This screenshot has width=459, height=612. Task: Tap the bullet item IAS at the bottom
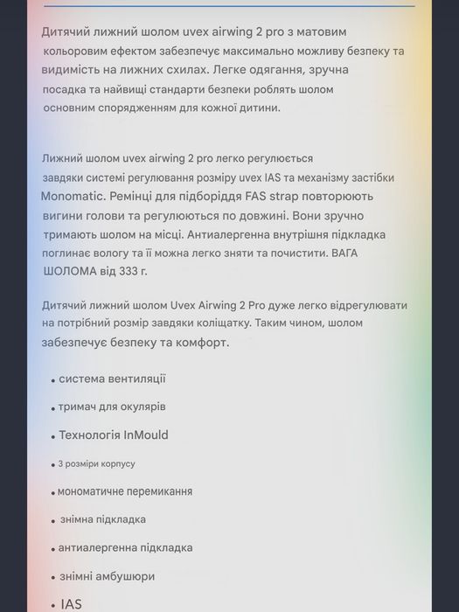[71, 604]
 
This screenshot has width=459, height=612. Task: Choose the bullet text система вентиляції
[112, 379]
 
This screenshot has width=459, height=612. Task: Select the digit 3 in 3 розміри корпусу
[60, 463]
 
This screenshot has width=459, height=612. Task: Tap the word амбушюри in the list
[128, 576]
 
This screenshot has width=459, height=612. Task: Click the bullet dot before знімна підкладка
[54, 521]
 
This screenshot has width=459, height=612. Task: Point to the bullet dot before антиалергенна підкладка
[52, 549]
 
